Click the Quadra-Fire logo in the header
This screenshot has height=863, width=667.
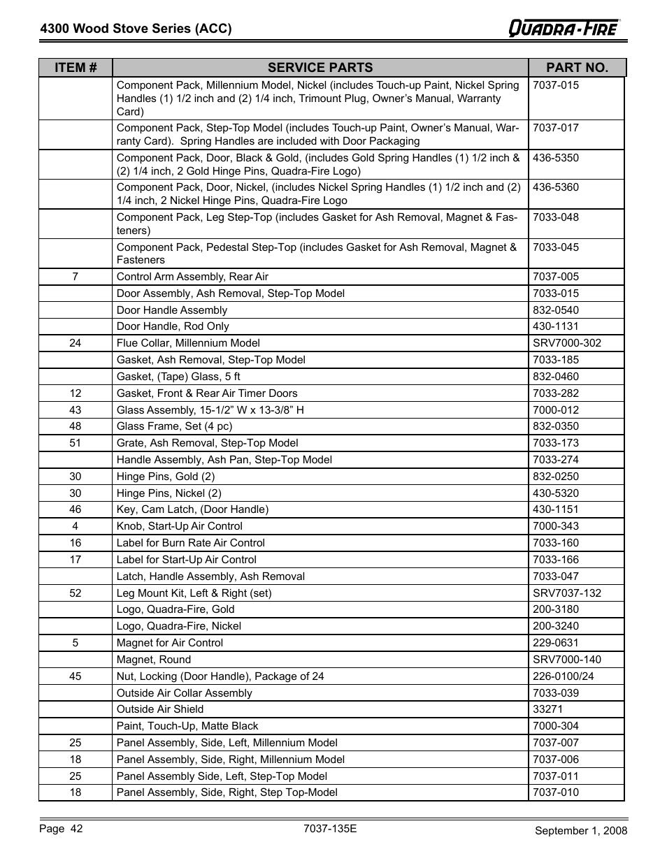tap(564, 28)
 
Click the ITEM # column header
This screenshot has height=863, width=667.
tap(76, 68)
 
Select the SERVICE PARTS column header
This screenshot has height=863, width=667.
tap(320, 68)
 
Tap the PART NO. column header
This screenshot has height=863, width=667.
tap(577, 68)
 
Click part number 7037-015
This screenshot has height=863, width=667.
tap(556, 85)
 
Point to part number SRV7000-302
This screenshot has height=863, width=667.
tap(566, 343)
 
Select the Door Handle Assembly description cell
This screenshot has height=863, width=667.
tap(172, 310)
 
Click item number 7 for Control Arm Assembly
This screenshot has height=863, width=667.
tap(76, 277)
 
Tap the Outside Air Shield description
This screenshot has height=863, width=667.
tap(160, 709)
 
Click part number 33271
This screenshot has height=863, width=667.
tap(547, 709)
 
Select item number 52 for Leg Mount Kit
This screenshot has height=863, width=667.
tap(76, 593)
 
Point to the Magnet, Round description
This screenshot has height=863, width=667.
tap(154, 660)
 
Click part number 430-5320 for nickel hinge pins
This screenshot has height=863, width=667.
tap(556, 493)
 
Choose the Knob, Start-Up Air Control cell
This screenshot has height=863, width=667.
tap(180, 526)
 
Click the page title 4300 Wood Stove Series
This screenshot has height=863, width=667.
tap(136, 29)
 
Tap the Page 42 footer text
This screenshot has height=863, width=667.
tap(61, 829)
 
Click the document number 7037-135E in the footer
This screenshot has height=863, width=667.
tap(330, 829)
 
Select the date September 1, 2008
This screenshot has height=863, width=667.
tap(580, 830)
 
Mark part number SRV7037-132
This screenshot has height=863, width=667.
tap(566, 593)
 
